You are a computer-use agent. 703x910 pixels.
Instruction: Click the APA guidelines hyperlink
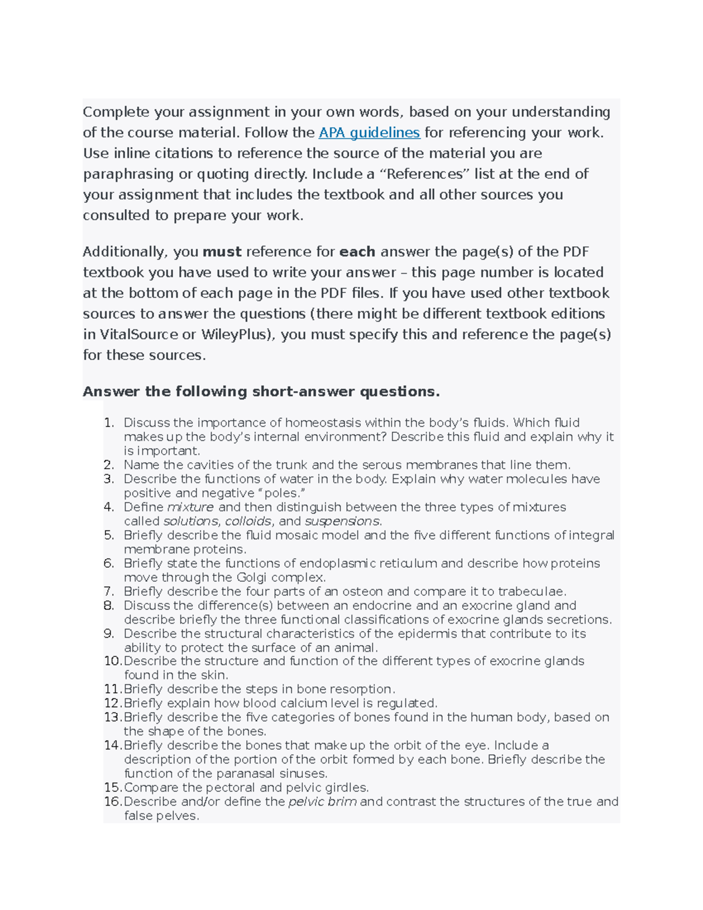click(369, 133)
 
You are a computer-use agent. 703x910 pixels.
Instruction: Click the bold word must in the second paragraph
click(222, 252)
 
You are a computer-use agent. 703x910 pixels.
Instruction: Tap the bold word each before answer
click(357, 252)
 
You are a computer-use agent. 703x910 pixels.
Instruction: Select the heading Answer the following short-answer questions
click(261, 391)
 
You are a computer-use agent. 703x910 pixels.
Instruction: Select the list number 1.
click(108, 422)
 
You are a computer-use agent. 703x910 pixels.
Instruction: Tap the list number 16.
click(112, 802)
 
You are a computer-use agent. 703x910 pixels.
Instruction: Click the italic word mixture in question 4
click(190, 507)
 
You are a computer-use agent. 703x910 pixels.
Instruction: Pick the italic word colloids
click(248, 521)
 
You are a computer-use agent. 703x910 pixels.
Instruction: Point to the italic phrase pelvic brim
click(322, 802)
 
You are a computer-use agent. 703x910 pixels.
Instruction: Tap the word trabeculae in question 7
click(531, 591)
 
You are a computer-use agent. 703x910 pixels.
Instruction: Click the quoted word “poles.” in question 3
click(284, 493)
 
